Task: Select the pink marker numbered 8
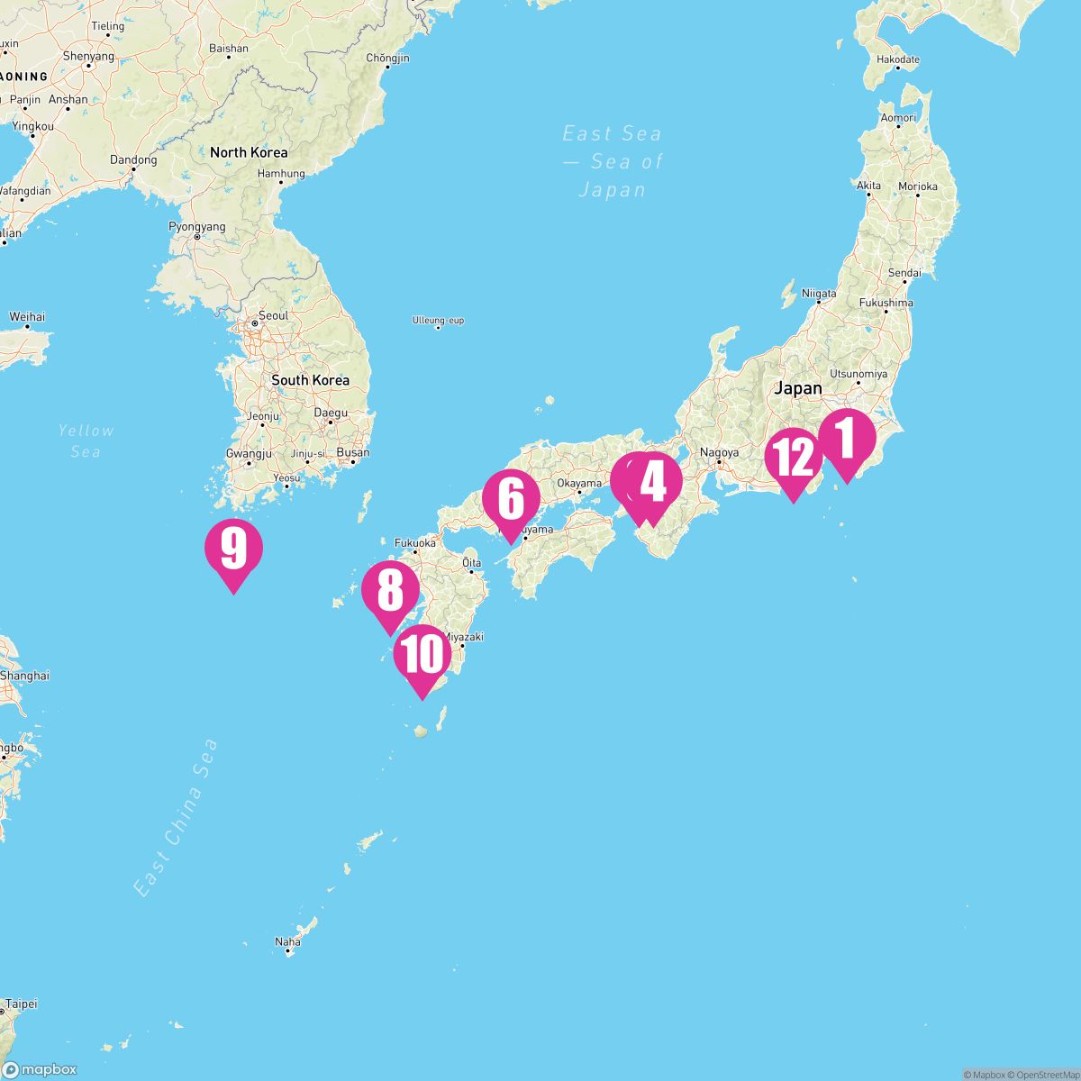tap(390, 593)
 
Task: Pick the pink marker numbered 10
tap(422, 655)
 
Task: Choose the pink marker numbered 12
tap(793, 459)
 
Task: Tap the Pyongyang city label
tap(197, 227)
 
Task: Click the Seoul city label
tap(273, 316)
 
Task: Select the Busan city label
tap(352, 453)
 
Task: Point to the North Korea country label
tap(249, 152)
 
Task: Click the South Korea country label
tap(310, 380)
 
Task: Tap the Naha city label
tap(287, 942)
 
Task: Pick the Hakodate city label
tap(898, 59)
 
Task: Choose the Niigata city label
tap(819, 294)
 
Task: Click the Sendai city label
tap(904, 272)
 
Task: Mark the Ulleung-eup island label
tap(438, 321)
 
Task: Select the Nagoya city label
tap(719, 453)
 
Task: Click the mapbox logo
tap(40, 1069)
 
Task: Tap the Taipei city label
tap(21, 1003)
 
